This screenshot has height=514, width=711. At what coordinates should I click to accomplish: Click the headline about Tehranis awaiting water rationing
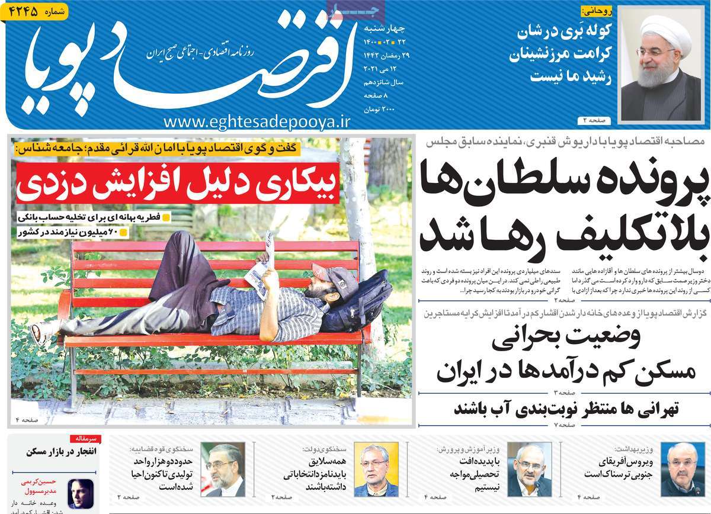tap(563, 409)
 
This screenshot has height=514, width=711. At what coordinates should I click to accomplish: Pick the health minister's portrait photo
tap(678, 468)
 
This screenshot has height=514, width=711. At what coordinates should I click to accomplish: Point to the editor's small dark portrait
tap(81, 494)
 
